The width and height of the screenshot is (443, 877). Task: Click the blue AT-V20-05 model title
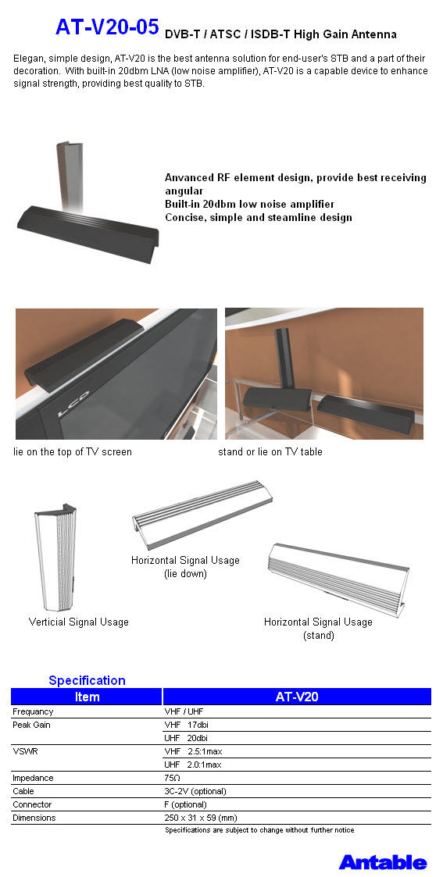pos(107,27)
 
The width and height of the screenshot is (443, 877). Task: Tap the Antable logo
pos(383,862)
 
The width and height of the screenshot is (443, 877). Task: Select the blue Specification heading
pos(87,680)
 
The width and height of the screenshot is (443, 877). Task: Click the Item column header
pos(88,697)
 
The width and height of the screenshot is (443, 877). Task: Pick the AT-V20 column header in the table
pos(297,697)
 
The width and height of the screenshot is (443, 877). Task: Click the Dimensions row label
pos(34,818)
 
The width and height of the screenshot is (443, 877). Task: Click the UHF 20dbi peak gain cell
pos(186,738)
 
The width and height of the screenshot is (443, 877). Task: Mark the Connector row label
pos(32,804)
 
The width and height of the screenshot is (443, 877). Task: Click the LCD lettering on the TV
pos(70,413)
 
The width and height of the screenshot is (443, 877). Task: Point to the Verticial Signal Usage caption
pos(79,622)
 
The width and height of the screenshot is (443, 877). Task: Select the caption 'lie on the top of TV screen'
pos(73,451)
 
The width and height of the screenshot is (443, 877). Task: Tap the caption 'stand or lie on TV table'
pos(270,451)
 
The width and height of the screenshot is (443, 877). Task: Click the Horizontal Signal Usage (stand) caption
pos(318,629)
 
